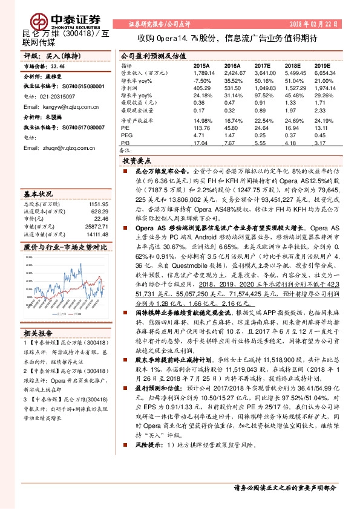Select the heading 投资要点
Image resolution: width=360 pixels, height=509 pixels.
coord(136,161)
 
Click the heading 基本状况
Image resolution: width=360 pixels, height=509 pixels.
coord(38,195)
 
